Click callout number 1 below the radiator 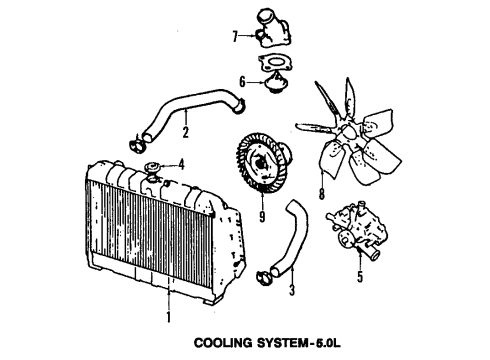point(168,317)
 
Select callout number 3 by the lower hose point(291,293)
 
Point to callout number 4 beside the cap point(181,164)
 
